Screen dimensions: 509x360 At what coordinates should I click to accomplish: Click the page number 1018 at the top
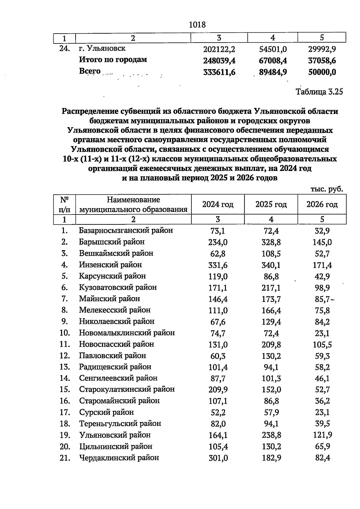coord(197,25)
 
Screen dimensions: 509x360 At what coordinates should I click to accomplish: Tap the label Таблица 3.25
coord(319,92)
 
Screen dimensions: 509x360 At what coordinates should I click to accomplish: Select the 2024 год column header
coord(218,205)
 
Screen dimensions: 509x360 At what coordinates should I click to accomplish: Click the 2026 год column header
coord(322,205)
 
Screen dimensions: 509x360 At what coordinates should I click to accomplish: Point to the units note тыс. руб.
coord(327,189)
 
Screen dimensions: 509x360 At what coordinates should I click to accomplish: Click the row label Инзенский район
coord(110,265)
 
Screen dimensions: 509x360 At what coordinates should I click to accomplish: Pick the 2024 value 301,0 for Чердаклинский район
coord(218,458)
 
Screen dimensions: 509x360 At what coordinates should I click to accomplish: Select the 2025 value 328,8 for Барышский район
coord(271,242)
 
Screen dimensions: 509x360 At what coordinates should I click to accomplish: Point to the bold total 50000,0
coord(322,72)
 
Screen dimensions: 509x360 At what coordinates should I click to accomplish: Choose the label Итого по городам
coord(113,60)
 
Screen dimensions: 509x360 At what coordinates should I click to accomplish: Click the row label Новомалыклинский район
coord(127,333)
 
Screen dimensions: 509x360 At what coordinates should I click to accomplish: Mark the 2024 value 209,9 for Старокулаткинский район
coord(218,390)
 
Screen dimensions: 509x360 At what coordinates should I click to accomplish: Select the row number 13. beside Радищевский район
coord(65,367)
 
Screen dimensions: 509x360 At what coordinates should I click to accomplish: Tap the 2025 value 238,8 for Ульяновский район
coord(271,435)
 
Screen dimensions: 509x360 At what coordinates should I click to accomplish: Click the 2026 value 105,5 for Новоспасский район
coord(322,345)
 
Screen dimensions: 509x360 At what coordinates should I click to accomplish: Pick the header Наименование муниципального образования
coord(133,205)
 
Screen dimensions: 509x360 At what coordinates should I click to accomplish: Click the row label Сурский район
coord(106,412)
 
